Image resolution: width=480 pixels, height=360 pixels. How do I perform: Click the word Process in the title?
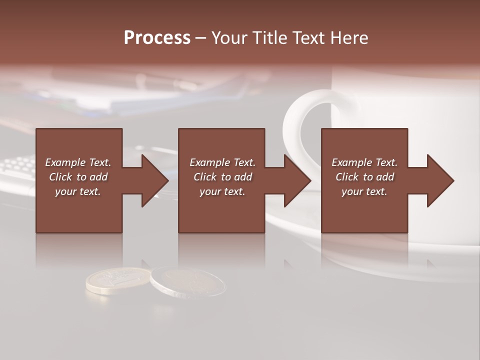(157, 38)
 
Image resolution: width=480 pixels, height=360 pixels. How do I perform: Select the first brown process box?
(79, 210)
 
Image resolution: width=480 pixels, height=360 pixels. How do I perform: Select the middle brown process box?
(221, 210)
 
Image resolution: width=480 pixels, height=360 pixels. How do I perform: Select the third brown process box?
(364, 210)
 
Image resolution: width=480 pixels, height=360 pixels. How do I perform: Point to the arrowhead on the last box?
(439, 180)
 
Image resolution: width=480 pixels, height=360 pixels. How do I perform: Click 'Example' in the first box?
(65, 162)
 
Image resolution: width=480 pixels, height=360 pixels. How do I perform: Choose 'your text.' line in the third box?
(364, 191)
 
